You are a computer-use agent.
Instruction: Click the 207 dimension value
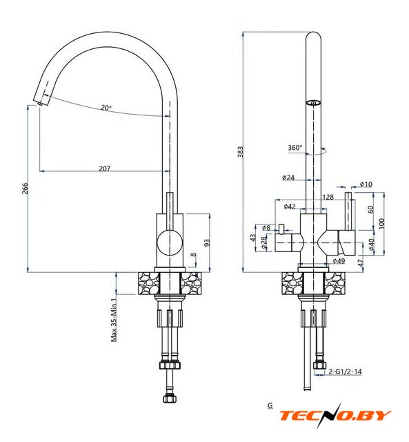coord(105,169)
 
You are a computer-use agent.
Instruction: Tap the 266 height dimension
coord(26,188)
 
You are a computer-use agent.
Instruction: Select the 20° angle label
coord(106,108)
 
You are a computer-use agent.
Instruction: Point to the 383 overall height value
coord(241,152)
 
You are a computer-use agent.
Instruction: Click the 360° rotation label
coord(295,147)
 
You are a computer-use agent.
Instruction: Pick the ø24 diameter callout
coord(288,177)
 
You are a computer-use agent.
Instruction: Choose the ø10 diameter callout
coord(366,184)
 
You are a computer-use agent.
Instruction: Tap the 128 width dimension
coord(328,197)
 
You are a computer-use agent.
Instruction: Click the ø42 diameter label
coord(290,206)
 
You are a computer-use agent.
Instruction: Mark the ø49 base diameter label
coord(339,261)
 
